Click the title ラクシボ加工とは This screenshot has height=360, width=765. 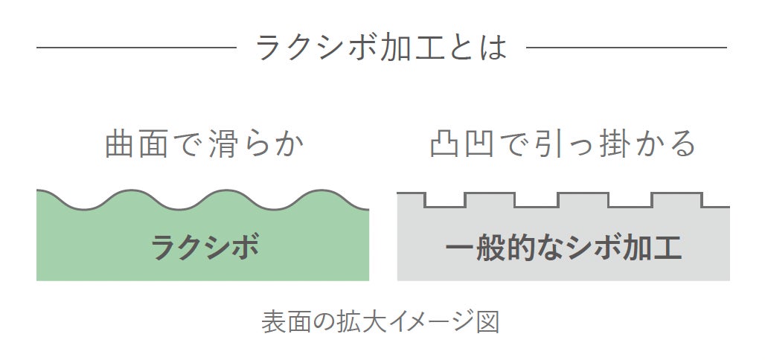click(381, 48)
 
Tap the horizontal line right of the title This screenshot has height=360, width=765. click(627, 48)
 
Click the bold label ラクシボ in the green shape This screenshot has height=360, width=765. click(204, 247)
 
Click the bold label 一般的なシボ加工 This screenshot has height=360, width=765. click(563, 247)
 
